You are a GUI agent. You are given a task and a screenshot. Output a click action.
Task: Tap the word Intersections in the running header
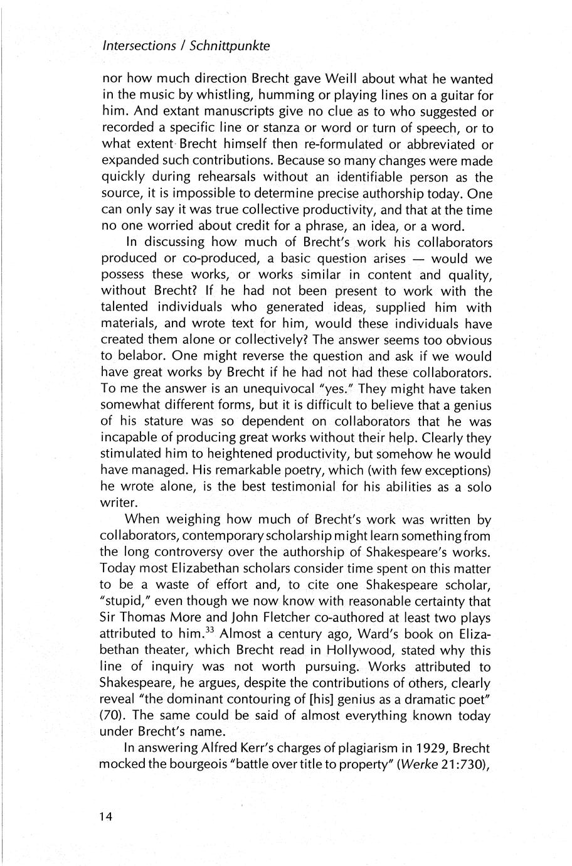pos(139,46)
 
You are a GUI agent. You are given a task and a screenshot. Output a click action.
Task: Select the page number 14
pos(105,817)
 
